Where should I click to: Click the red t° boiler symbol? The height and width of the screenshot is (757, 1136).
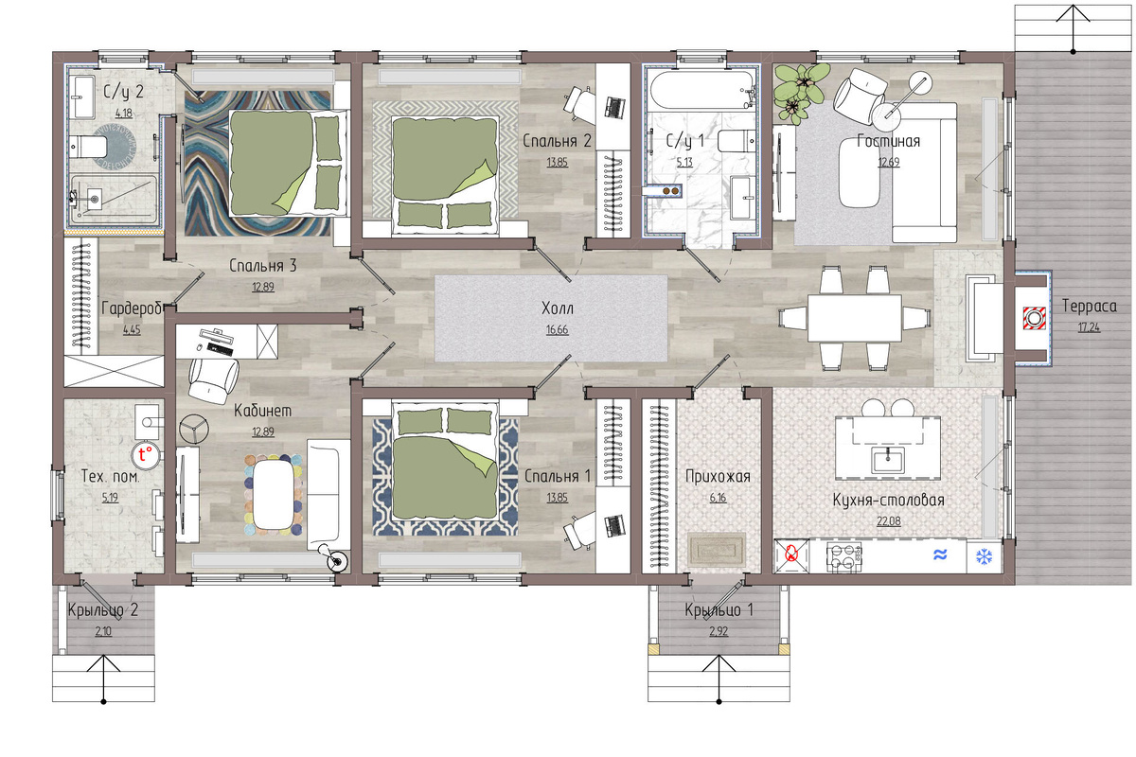pos(145,454)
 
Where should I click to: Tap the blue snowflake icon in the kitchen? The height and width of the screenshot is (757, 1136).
pos(984,557)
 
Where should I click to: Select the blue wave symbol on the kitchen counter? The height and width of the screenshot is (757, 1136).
pos(940,555)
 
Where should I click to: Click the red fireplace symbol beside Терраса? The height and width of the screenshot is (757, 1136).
pos(1034,318)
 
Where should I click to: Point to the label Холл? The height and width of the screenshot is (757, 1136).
pos(557,308)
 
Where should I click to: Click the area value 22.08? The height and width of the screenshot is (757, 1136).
pos(889,521)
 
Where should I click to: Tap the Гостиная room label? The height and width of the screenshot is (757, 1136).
pos(888,140)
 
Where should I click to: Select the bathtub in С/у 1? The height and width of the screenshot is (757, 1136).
pos(702,90)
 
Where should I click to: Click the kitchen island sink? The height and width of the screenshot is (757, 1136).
pos(888,459)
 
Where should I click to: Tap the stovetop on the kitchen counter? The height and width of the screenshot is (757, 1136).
pos(843,557)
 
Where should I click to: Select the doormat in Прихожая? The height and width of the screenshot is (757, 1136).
pos(717,550)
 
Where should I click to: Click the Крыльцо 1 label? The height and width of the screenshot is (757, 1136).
pos(719,610)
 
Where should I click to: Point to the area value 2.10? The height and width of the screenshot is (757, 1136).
pos(103,631)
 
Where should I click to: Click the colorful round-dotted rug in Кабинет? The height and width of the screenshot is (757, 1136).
pos(274,495)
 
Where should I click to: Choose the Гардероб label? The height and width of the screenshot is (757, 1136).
pos(132,308)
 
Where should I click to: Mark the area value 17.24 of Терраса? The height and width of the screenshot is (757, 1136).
pos(1089,327)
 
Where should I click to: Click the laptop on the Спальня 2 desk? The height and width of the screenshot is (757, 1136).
pos(613,107)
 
